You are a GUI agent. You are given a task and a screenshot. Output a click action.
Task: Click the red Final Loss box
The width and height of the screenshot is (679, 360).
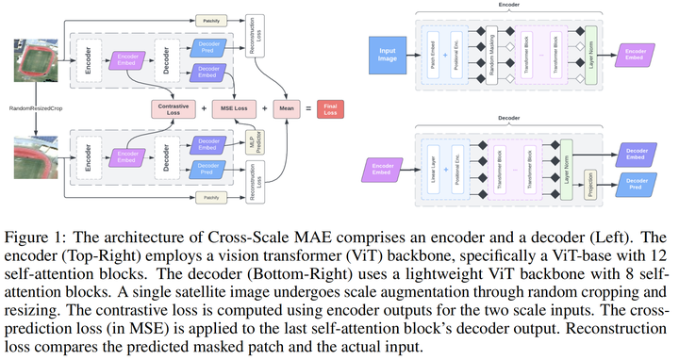(x=330, y=108)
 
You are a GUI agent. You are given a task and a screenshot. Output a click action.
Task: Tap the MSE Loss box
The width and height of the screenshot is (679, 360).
(x=235, y=108)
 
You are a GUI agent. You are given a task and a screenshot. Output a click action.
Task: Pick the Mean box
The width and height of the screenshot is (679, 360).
(x=286, y=108)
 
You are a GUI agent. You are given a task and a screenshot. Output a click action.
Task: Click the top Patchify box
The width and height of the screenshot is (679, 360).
(x=210, y=19)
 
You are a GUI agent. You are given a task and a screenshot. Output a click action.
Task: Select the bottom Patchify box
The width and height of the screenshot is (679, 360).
(x=210, y=197)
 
